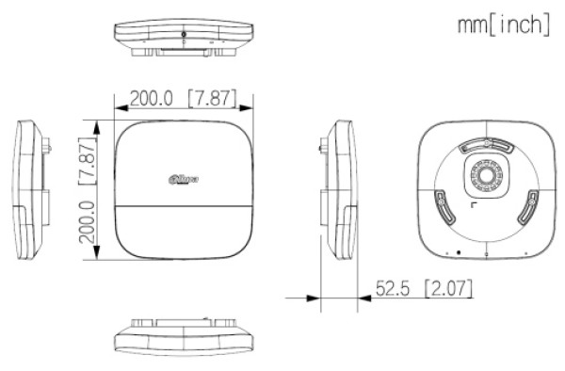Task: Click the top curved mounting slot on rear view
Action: (484, 146)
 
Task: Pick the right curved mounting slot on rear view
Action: (529, 204)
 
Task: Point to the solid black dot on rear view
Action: (458, 252)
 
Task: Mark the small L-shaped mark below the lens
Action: (474, 205)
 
